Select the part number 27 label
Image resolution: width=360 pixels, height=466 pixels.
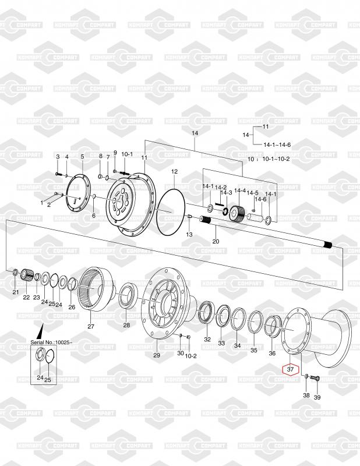point(91,326)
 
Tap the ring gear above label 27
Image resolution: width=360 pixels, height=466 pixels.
point(95,288)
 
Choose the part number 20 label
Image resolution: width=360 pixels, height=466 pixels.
point(216,241)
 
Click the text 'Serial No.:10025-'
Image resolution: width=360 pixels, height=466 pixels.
point(51,342)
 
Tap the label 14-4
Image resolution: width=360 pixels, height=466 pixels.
point(240,190)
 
